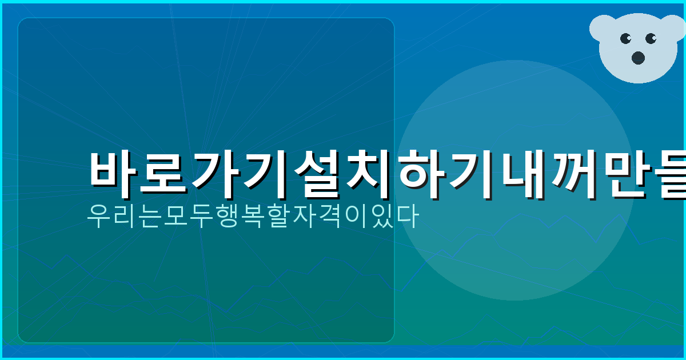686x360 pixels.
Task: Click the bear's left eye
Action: (625, 39)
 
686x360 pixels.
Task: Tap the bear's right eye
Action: (651, 39)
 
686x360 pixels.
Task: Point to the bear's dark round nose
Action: (638, 57)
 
